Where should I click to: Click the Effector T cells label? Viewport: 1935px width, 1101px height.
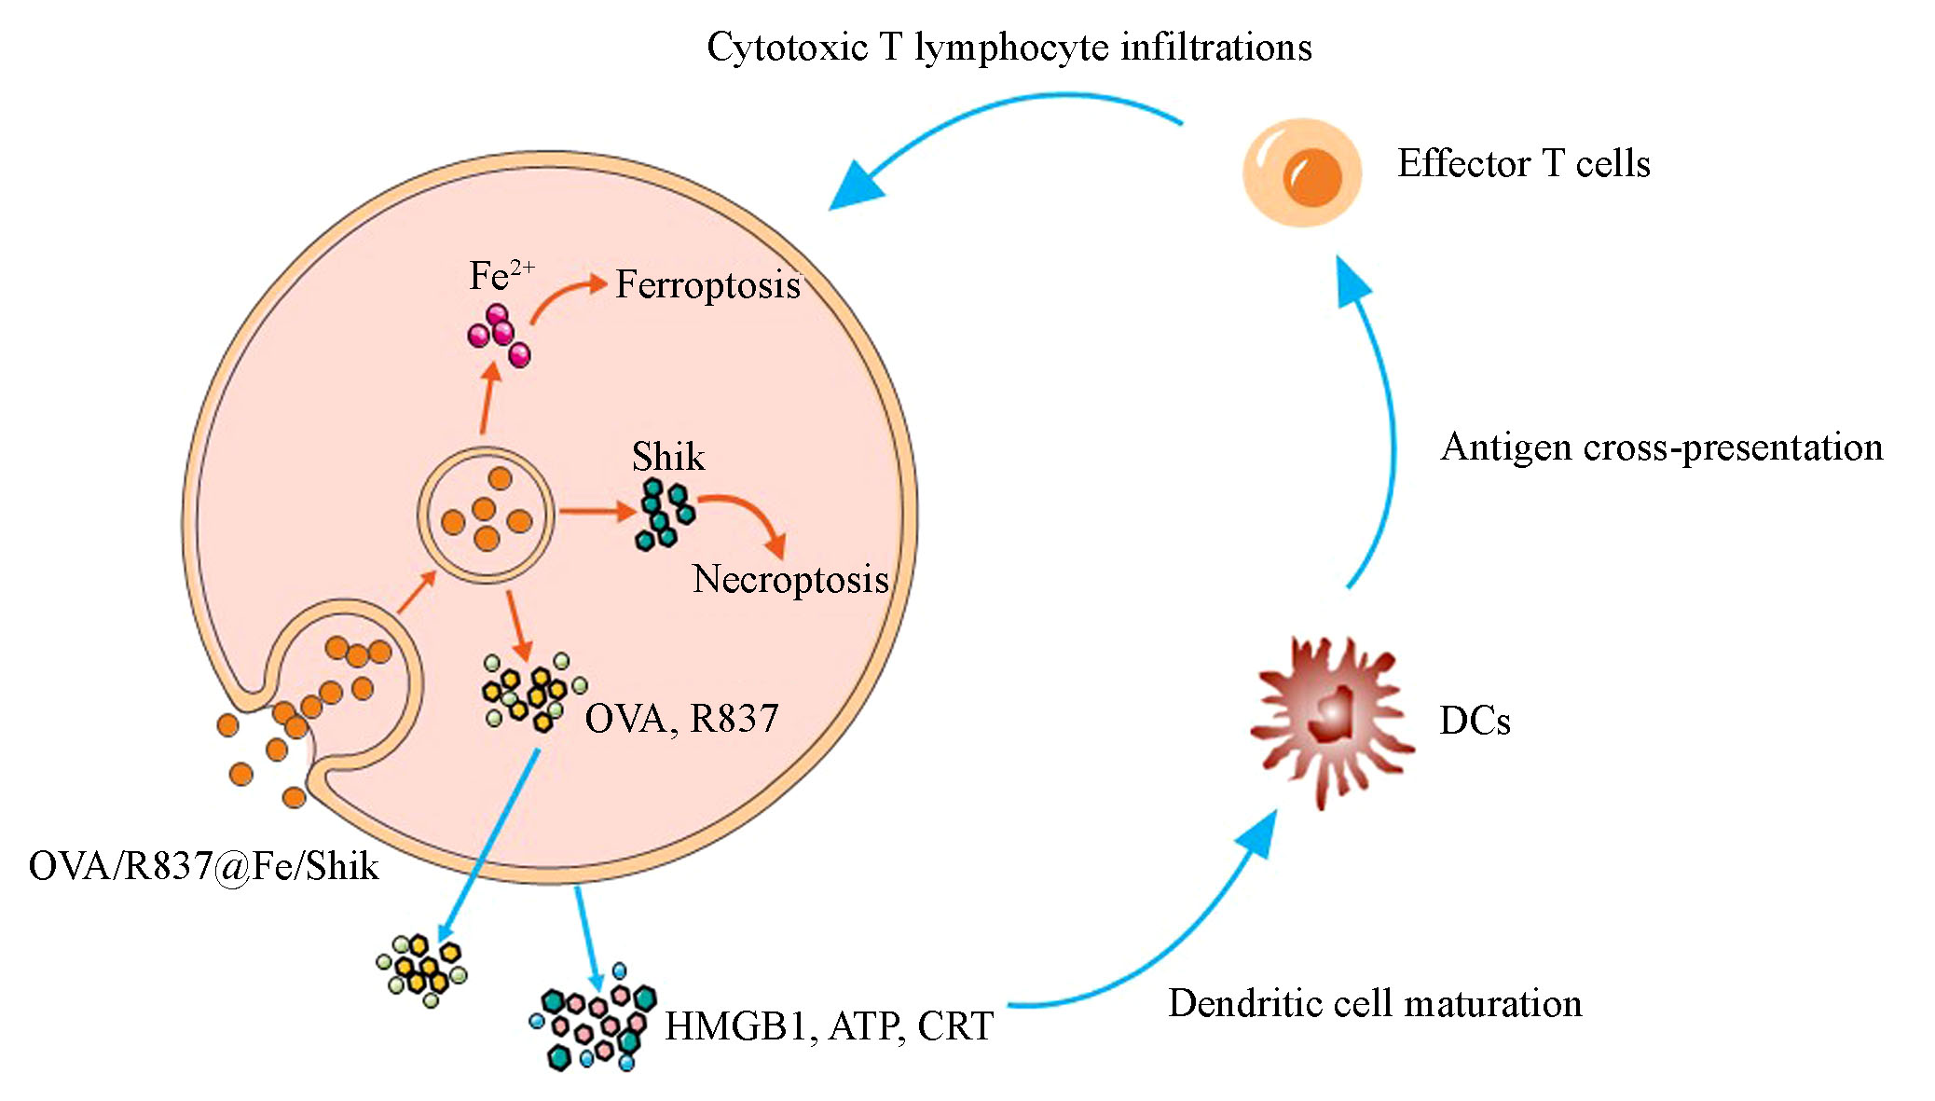pyautogui.click(x=1523, y=164)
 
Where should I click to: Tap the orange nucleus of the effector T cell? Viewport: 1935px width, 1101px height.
pyautogui.click(x=1311, y=176)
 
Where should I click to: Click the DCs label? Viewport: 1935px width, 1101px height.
pyautogui.click(x=1474, y=721)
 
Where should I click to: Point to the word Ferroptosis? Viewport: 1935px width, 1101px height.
pyautogui.click(x=707, y=285)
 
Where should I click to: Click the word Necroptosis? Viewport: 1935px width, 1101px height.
pyautogui.click(x=790, y=579)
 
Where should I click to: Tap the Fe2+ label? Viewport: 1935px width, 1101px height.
pyautogui.click(x=500, y=276)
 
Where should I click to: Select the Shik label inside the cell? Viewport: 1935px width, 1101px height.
pyautogui.click(x=667, y=457)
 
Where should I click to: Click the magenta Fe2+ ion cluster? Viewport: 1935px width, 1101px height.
pyautogui.click(x=500, y=336)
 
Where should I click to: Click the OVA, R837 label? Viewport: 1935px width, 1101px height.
pyautogui.click(x=681, y=719)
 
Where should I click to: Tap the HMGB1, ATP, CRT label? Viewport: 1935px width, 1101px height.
pyautogui.click(x=829, y=1026)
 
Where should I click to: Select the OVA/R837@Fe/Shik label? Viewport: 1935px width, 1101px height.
pyautogui.click(x=203, y=866)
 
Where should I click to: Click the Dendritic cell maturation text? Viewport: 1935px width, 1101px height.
pyautogui.click(x=1375, y=1004)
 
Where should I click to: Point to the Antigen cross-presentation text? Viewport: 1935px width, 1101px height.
pyautogui.click(x=1661, y=447)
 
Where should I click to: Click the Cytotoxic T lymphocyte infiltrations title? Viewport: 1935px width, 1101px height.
pyautogui.click(x=1009, y=48)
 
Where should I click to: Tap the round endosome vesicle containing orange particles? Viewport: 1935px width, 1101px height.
pyautogui.click(x=485, y=515)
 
